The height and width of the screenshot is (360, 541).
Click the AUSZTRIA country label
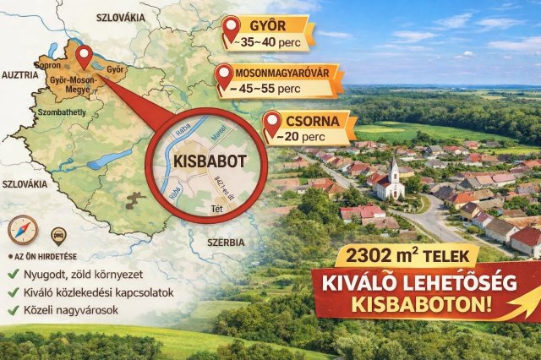(20, 74)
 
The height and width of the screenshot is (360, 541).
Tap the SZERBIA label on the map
(213, 242)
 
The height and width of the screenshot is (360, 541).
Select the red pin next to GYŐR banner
(231, 30)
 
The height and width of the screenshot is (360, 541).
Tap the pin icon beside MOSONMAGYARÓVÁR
(225, 77)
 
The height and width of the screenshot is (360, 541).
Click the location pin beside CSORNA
(271, 124)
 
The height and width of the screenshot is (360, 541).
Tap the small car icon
(59, 236)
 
